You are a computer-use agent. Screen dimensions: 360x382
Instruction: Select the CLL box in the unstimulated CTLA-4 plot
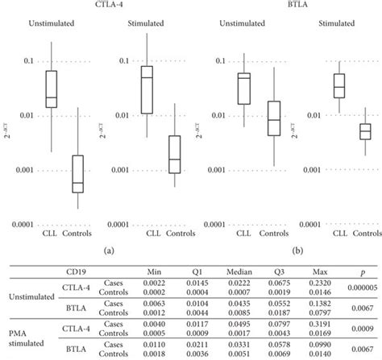[x=51, y=89]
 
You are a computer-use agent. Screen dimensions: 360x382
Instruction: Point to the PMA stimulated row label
[x=26, y=336]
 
